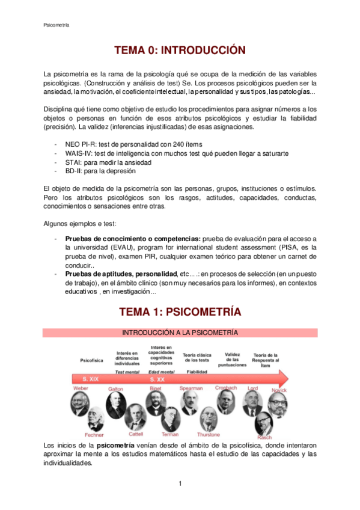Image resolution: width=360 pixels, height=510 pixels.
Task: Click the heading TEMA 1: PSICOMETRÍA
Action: [180, 312]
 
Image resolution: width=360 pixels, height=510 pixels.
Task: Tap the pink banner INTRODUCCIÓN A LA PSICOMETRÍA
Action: [180, 333]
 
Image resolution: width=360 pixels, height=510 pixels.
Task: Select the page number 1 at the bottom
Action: [180, 484]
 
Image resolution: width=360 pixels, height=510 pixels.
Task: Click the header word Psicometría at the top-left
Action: [56, 25]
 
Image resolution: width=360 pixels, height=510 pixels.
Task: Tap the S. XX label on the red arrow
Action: [157, 380]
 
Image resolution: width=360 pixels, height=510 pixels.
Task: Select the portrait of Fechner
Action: [94, 419]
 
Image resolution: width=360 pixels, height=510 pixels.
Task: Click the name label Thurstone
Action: [209, 434]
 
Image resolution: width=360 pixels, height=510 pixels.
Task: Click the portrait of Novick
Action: [278, 404]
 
